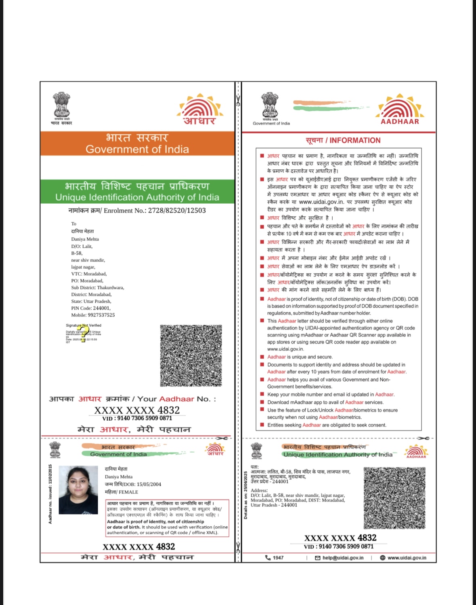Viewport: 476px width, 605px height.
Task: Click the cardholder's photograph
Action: [78, 489]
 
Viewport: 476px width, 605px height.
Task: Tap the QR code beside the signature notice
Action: [191, 355]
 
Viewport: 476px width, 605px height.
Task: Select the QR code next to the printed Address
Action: [394, 498]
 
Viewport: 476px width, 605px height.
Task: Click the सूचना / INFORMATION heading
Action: [343, 140]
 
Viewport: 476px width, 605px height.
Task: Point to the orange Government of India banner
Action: [137, 143]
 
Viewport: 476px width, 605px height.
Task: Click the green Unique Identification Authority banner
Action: [137, 192]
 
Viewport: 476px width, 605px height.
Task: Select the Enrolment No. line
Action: [137, 211]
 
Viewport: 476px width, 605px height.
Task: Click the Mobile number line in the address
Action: [93, 315]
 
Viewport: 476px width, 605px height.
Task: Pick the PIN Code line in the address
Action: [91, 308]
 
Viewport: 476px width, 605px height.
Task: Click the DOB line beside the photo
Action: [133, 484]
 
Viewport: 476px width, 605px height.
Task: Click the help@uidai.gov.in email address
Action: [343, 558]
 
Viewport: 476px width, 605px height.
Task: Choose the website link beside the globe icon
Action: [407, 558]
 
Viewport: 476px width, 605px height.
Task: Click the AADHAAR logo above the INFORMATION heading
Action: [400, 110]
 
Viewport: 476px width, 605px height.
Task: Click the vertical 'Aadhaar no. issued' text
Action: [50, 494]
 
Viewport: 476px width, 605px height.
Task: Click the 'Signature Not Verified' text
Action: [84, 325]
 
